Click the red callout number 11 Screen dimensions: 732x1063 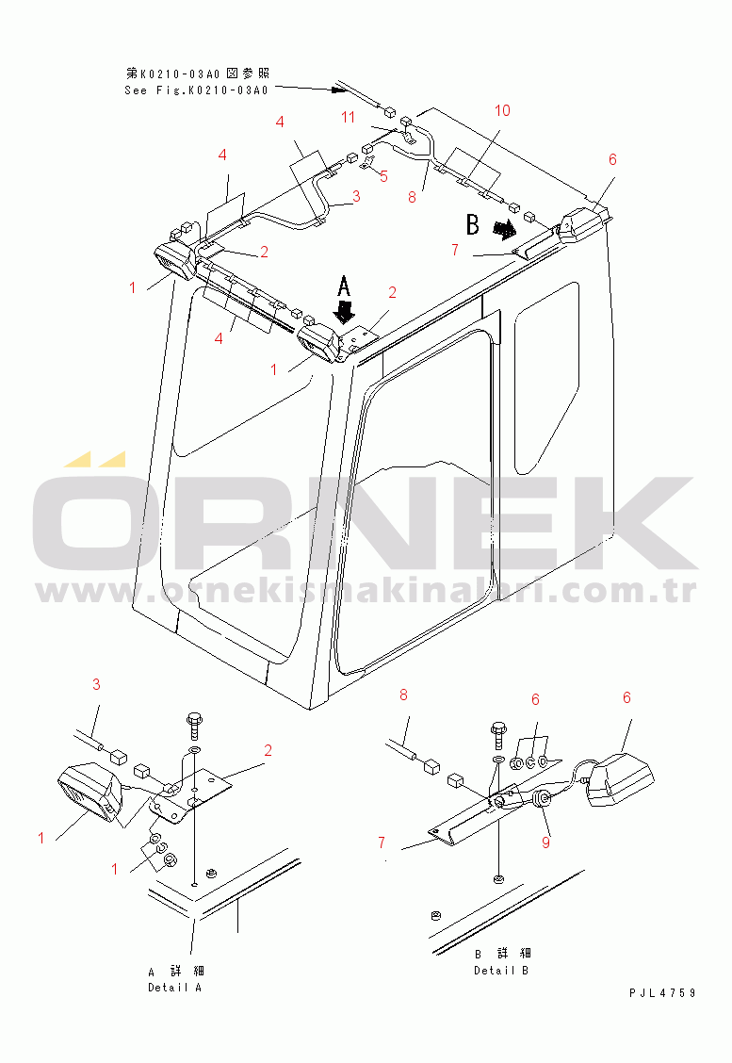348,117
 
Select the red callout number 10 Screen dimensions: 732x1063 502,110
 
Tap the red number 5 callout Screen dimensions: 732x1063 383,177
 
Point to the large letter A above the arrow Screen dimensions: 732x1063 344,286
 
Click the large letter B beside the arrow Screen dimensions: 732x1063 473,224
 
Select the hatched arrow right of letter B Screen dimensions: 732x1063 504,230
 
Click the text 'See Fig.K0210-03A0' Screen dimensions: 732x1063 197,90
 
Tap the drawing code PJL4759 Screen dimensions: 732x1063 662,993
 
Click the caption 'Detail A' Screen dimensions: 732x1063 175,988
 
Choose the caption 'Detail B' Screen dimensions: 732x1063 501,971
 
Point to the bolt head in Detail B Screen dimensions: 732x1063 499,728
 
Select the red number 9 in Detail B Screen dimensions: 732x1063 546,842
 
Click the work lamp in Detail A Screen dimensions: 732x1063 89,792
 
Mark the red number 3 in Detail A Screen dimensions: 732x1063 96,685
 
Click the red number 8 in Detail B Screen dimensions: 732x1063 404,695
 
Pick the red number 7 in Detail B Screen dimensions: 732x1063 382,842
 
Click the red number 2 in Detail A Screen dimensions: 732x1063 268,750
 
